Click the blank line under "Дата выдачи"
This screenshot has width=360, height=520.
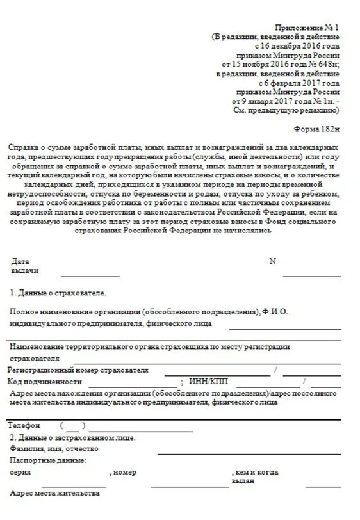[x=90, y=275]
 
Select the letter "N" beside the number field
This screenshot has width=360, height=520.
[x=272, y=261]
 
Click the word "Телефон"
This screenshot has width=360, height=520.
[x=25, y=425]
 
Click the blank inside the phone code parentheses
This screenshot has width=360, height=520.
[x=72, y=426]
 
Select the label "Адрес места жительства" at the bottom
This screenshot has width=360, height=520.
[x=54, y=494]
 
